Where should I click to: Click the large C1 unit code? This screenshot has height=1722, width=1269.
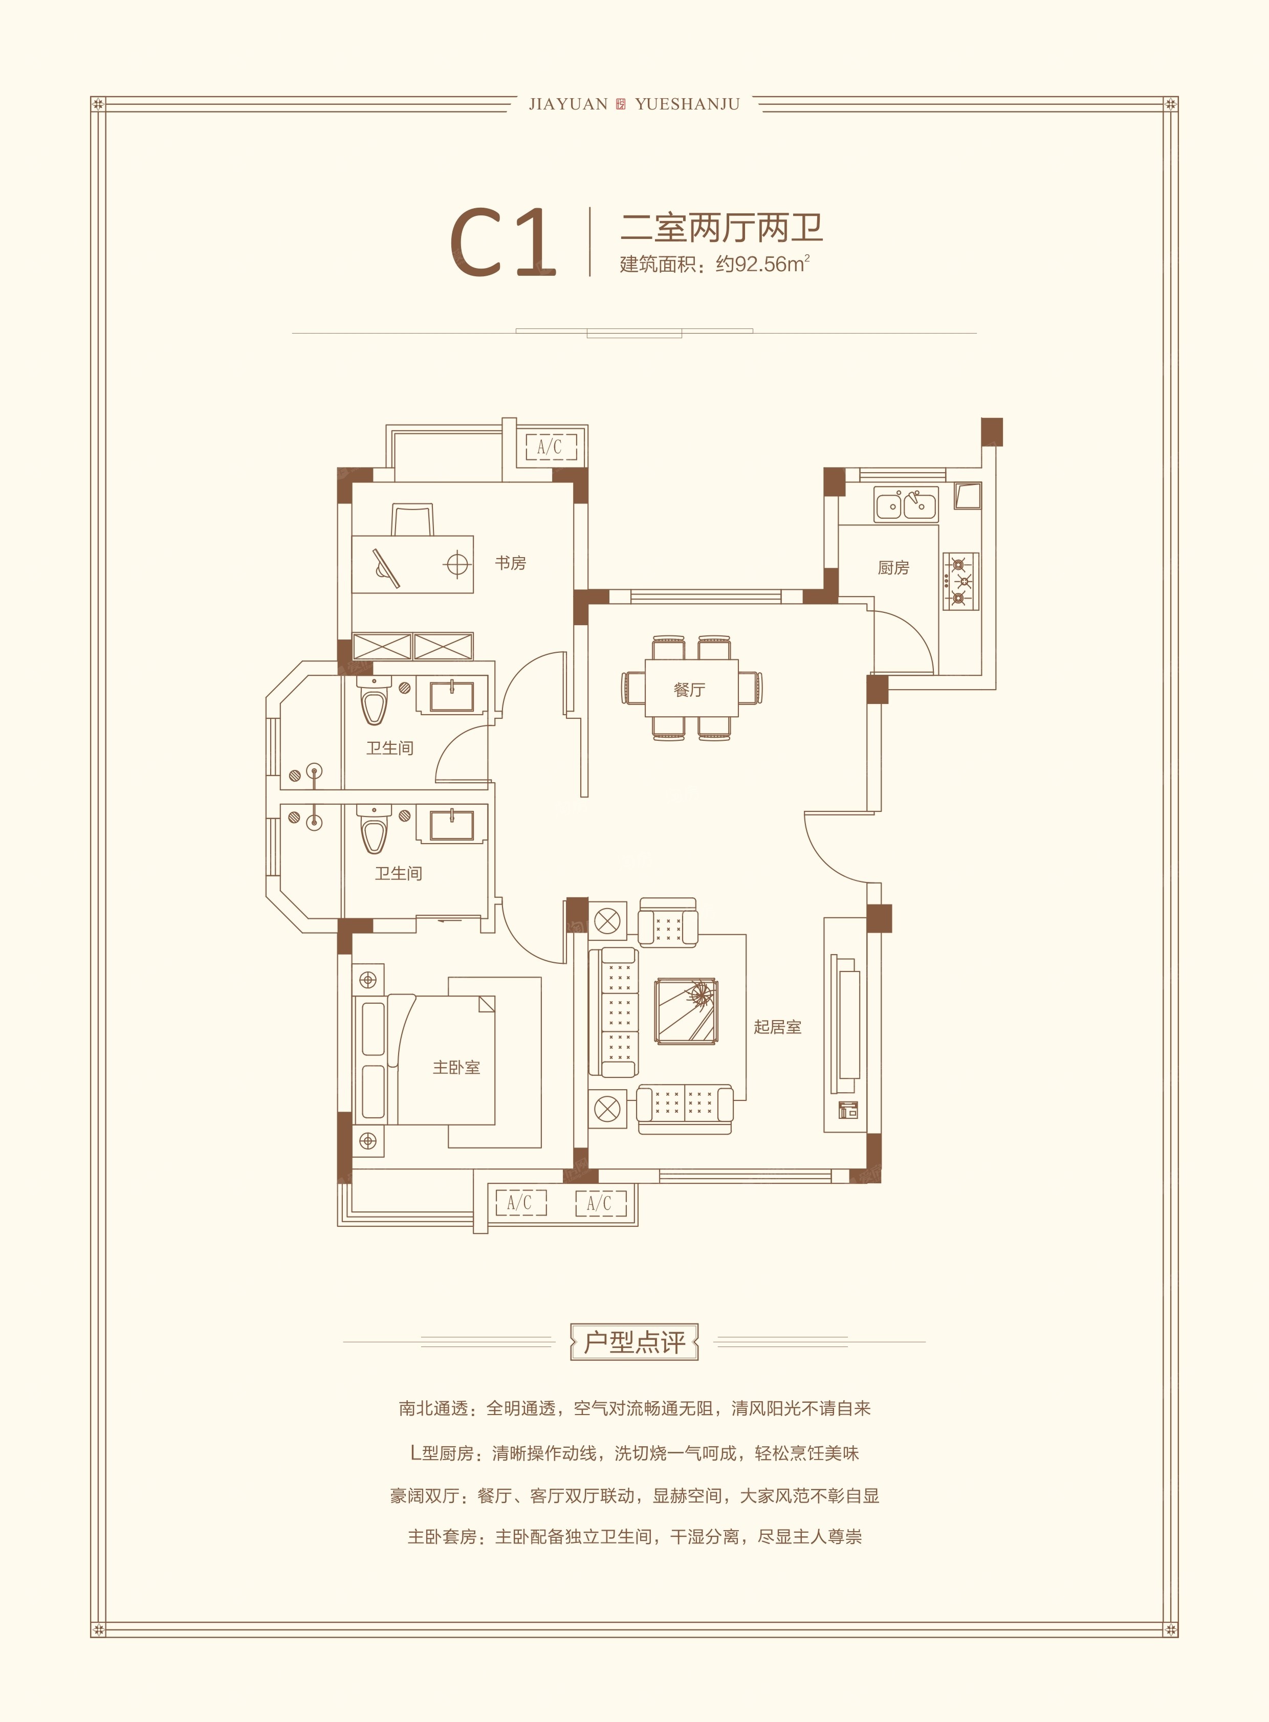point(502,242)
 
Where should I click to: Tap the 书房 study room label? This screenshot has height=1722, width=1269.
point(510,563)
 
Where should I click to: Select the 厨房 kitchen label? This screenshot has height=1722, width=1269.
point(893,567)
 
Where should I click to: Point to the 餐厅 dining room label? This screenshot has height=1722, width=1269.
point(689,690)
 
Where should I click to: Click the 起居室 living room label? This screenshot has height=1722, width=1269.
point(777,1027)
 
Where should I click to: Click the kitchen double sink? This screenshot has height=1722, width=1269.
point(906,504)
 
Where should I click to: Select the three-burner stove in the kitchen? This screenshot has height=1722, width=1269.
point(961,581)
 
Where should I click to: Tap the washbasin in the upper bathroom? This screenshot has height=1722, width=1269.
point(452,696)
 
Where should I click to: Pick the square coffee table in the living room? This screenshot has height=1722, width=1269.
point(686,1011)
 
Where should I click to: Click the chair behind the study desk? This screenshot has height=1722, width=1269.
point(412,520)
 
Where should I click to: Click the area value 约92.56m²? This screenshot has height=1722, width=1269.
point(763,264)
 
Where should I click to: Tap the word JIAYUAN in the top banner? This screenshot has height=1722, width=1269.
point(568,104)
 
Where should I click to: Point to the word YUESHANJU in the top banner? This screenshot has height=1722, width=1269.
point(688,104)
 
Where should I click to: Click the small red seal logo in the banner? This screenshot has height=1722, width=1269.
point(621,104)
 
